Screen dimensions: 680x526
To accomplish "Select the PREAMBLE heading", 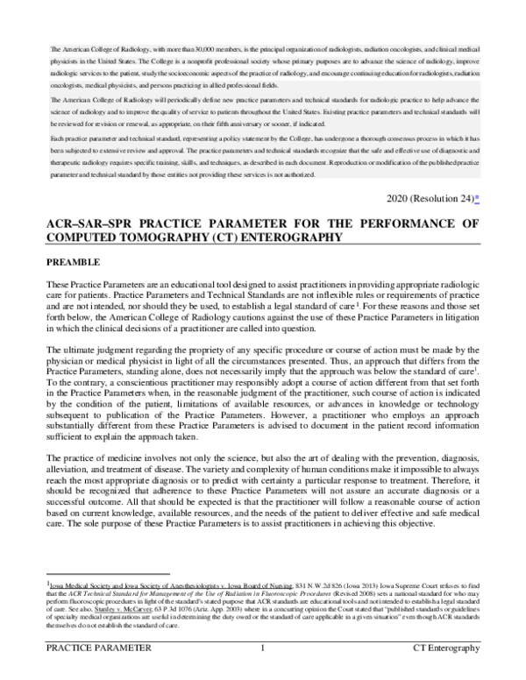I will [75, 262].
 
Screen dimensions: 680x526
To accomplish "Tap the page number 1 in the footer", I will [263, 672].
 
